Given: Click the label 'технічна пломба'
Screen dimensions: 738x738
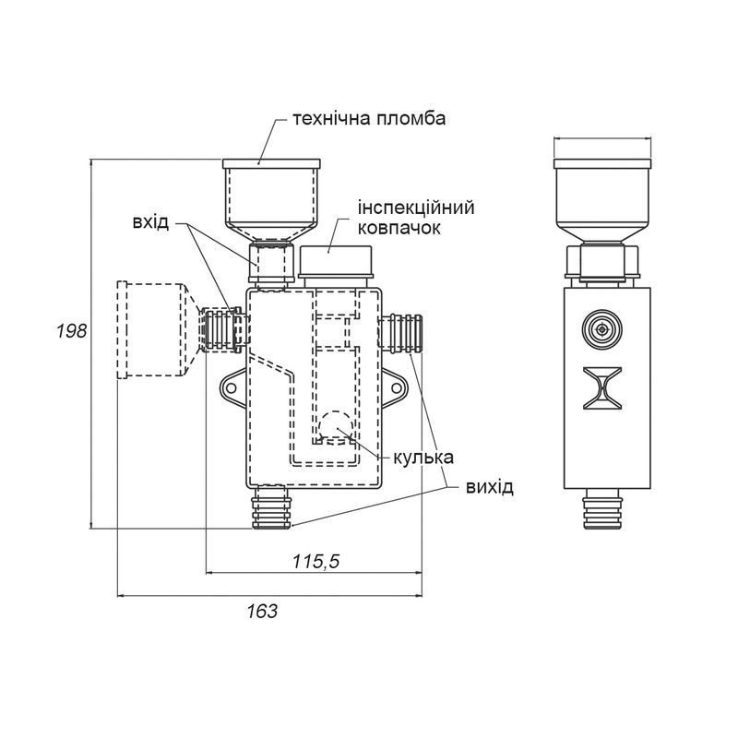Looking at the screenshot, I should pyautogui.click(x=369, y=119).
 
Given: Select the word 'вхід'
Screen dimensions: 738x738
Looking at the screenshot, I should pyautogui.click(x=150, y=223).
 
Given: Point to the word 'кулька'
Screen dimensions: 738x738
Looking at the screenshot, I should pyautogui.click(x=423, y=456).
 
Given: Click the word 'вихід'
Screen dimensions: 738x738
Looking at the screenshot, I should pyautogui.click(x=489, y=486).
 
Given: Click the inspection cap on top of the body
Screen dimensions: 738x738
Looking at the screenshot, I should pyautogui.click(x=336, y=262).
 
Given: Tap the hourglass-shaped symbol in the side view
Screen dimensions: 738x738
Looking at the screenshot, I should pyautogui.click(x=603, y=387).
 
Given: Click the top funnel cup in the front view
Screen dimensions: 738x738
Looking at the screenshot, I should pyautogui.click(x=273, y=197).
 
